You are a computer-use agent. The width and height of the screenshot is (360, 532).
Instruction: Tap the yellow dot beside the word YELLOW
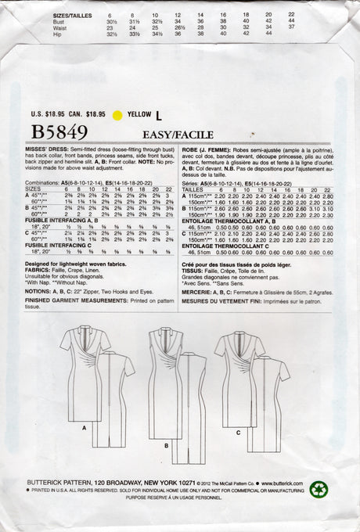click(118, 115)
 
